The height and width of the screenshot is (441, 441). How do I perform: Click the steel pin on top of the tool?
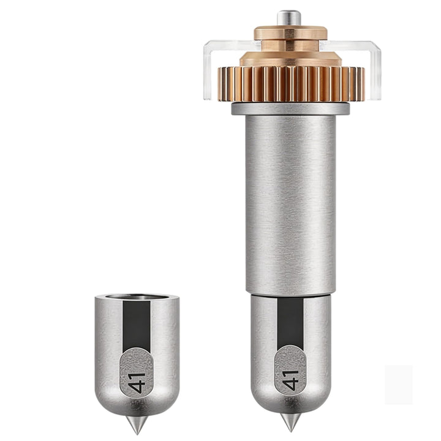click(289, 18)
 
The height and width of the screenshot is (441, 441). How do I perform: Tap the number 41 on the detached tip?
click(138, 383)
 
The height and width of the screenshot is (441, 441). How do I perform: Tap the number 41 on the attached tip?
click(292, 380)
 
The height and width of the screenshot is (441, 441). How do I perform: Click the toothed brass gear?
click(291, 83)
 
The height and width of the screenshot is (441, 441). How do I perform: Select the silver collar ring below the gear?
click(290, 108)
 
